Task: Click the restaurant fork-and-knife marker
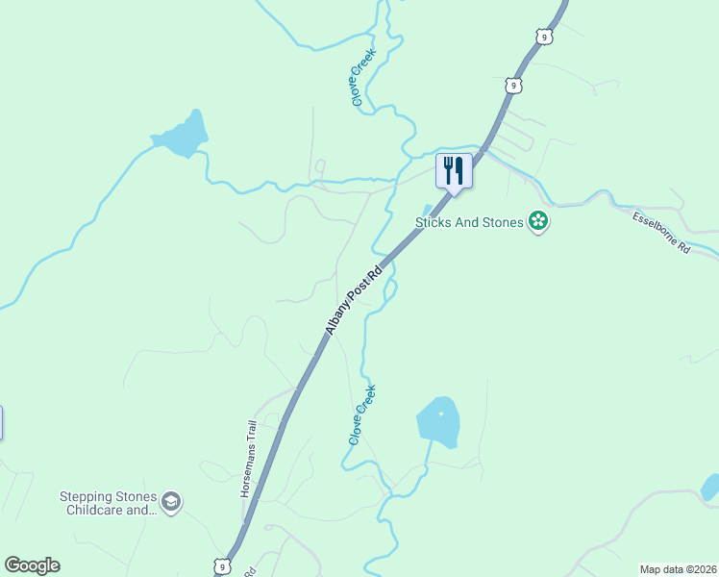click(454, 171)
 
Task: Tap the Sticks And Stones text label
click(469, 222)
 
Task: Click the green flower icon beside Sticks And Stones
click(538, 222)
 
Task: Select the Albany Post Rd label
click(353, 299)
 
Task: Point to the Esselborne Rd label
click(661, 233)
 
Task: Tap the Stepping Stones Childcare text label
click(108, 503)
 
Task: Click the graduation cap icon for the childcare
click(171, 502)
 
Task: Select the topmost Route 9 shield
click(545, 37)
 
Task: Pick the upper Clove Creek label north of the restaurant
click(361, 79)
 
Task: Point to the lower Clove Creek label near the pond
click(361, 414)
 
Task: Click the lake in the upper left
click(182, 136)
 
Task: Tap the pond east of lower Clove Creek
click(438, 421)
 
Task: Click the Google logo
click(32, 565)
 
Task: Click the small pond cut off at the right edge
click(710, 487)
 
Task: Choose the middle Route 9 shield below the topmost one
click(515, 85)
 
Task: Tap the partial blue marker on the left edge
click(1, 422)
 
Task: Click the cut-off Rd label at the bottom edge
click(249, 571)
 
